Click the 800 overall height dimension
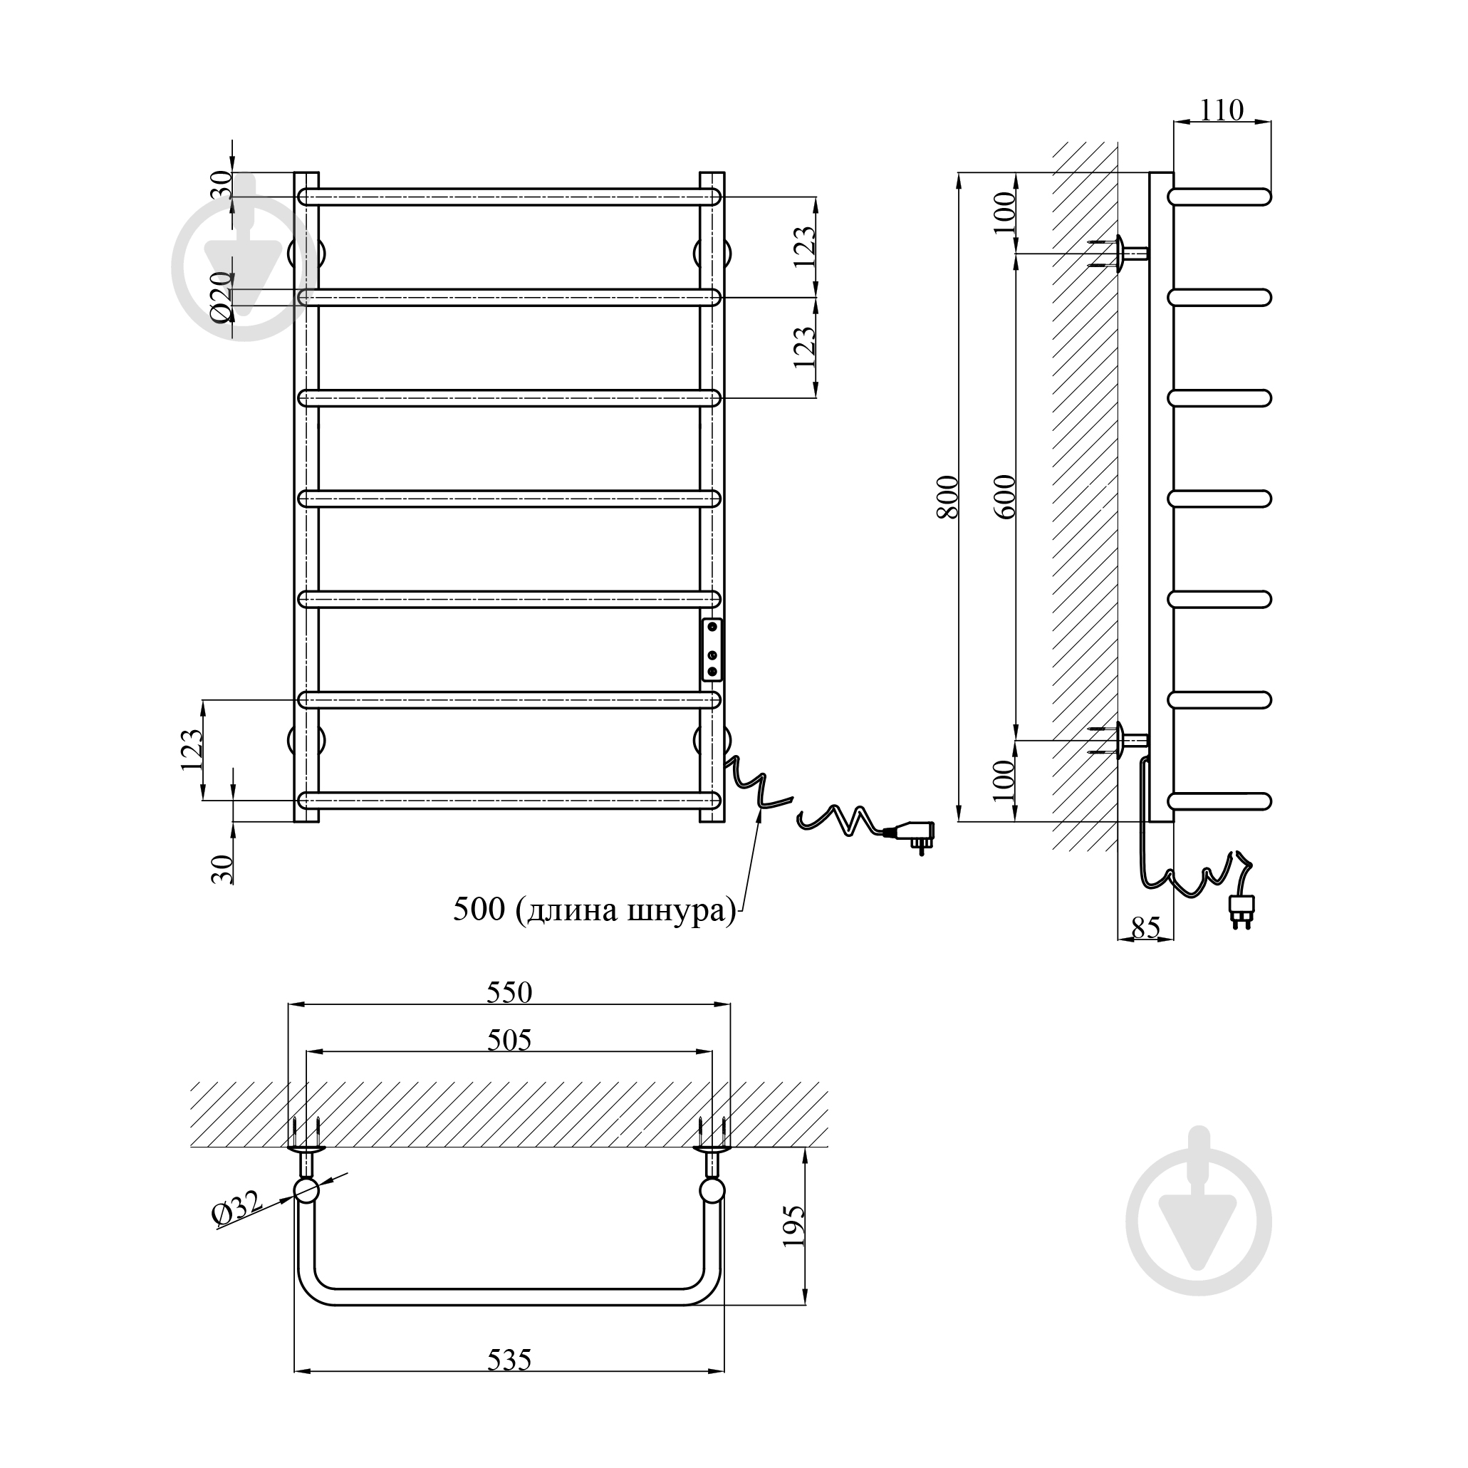click(x=947, y=496)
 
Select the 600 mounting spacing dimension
click(x=1004, y=496)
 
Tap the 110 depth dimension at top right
click(x=1222, y=111)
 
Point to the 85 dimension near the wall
click(x=1146, y=927)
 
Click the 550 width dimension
click(x=509, y=992)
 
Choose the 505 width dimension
click(x=509, y=1039)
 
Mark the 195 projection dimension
click(x=793, y=1226)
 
